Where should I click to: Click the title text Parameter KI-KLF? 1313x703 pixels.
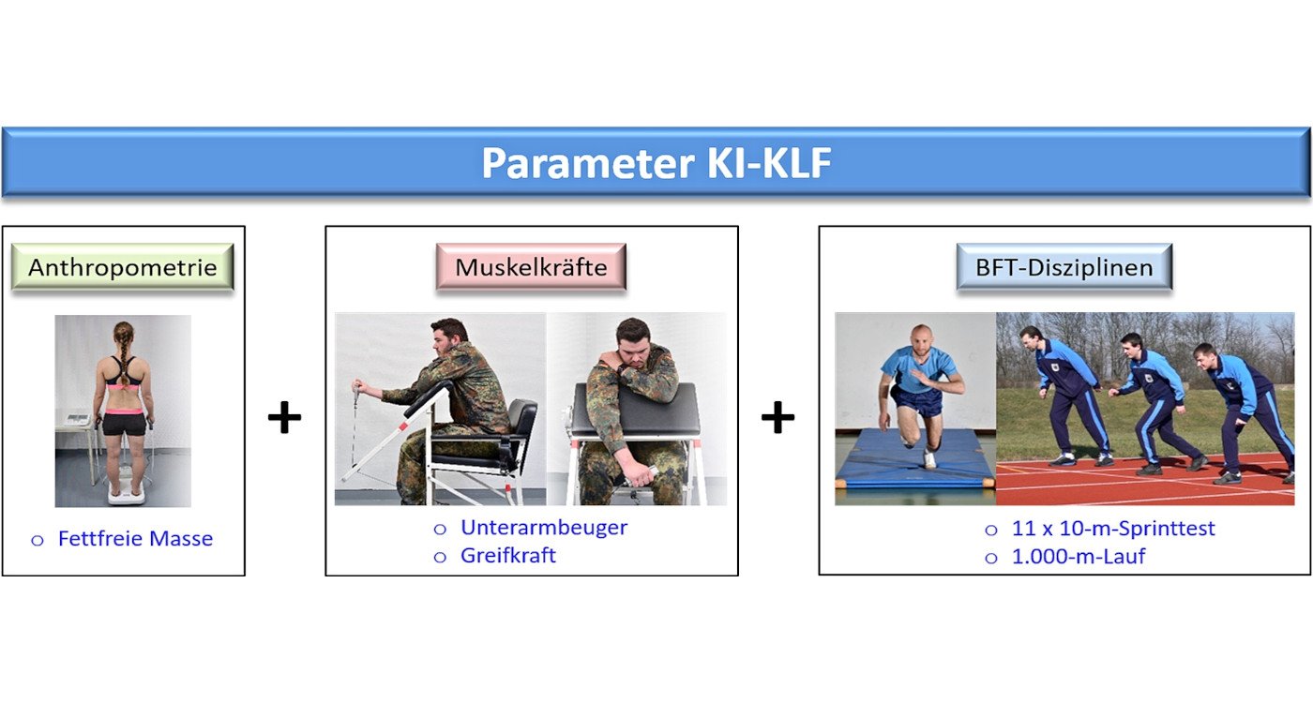pyautogui.click(x=656, y=163)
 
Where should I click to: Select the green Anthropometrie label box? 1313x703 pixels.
pyautogui.click(x=123, y=267)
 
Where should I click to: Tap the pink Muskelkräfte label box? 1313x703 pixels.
pyautogui.click(x=531, y=267)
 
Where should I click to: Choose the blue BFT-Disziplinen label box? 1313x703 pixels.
pyautogui.click(x=1064, y=267)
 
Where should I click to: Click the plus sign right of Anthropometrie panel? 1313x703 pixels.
pyautogui.click(x=284, y=417)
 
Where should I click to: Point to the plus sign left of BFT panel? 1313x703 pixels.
pyautogui.click(x=777, y=417)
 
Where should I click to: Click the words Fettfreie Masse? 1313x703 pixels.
pyautogui.click(x=135, y=538)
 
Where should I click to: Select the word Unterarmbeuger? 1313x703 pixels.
pyautogui.click(x=544, y=528)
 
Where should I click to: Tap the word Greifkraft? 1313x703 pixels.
pyautogui.click(x=508, y=555)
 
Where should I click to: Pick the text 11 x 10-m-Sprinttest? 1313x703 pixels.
pyautogui.click(x=1113, y=529)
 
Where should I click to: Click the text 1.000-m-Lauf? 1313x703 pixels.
pyautogui.click(x=1079, y=557)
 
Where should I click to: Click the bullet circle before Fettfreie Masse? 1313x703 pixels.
pyautogui.click(x=38, y=540)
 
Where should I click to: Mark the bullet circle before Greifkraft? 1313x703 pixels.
pyautogui.click(x=440, y=557)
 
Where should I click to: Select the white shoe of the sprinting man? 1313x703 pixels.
pyautogui.click(x=929, y=459)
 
